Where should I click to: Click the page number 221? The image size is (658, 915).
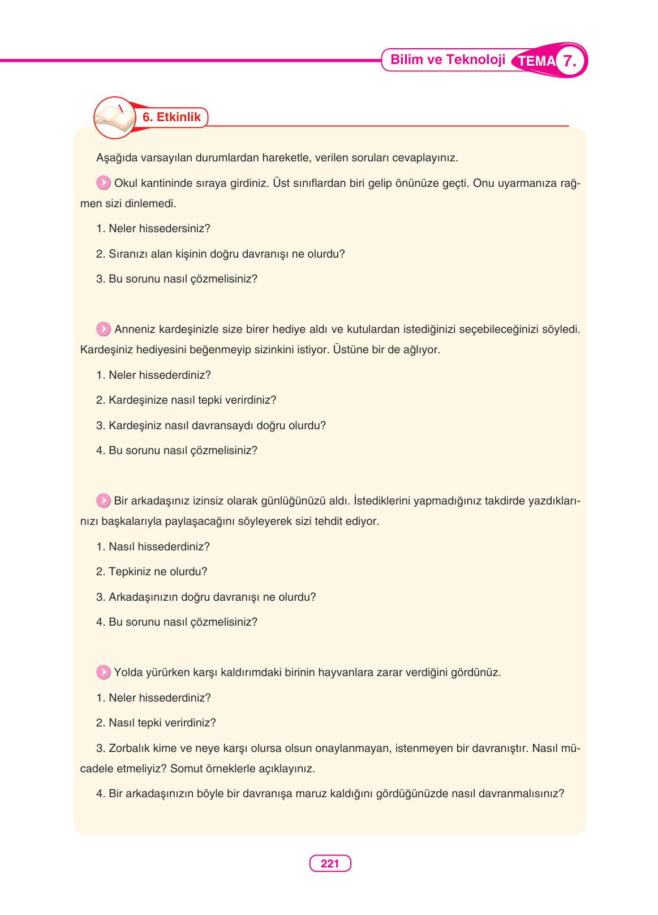330,863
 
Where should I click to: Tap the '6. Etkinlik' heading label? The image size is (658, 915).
171,117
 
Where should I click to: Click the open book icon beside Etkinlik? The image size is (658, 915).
115,117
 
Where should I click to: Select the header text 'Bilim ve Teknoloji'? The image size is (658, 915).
448,60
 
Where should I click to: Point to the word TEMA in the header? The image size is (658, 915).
536,61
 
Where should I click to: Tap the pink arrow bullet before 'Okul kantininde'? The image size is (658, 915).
104,183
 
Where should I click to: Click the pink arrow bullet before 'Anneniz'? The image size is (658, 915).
104,329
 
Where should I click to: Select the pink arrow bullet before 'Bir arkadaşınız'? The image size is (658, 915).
104,501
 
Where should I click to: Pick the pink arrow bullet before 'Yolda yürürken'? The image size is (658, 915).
104,672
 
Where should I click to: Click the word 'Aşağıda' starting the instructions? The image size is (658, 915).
116,158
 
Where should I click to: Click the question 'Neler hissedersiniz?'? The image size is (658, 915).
159,229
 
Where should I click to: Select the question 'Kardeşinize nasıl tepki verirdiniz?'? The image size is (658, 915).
192,400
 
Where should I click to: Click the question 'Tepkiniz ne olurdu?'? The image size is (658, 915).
158,572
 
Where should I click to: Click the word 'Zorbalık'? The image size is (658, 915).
130,749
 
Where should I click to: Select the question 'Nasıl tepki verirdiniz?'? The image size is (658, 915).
162,723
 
